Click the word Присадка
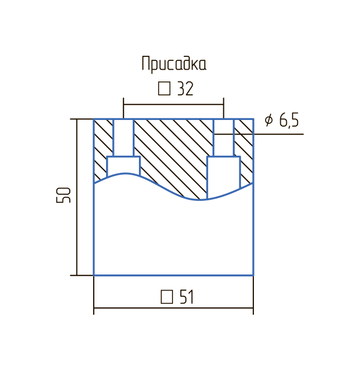(174, 64)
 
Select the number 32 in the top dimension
(185, 89)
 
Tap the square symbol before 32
(164, 89)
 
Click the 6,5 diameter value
(289, 120)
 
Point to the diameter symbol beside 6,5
(269, 120)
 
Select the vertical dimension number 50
(64, 195)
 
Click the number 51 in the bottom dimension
(187, 297)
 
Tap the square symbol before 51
(167, 297)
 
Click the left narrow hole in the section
(123, 138)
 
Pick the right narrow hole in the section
(223, 138)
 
